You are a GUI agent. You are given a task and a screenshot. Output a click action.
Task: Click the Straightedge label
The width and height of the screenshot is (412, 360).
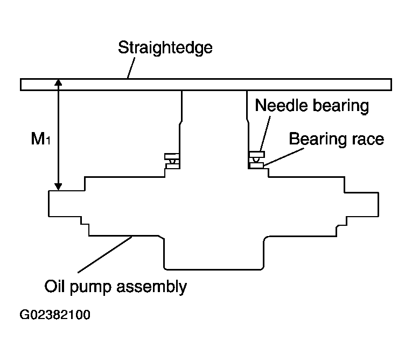[165, 48]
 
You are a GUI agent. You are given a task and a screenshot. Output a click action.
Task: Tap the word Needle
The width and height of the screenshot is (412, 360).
[282, 105]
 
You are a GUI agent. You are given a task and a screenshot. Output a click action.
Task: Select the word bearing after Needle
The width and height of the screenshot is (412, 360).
[341, 106]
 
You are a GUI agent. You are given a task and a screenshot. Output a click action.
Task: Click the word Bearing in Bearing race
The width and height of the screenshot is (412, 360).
[318, 140]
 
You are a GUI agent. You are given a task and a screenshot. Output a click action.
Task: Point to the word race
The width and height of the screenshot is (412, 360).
[368, 140]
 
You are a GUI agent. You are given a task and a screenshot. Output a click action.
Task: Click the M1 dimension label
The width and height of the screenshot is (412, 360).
[40, 139]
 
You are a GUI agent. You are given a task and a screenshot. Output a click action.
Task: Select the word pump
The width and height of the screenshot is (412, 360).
[90, 288]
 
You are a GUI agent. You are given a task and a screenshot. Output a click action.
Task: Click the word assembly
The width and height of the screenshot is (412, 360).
[152, 287]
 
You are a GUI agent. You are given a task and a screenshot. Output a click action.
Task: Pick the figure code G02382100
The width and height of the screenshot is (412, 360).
[55, 315]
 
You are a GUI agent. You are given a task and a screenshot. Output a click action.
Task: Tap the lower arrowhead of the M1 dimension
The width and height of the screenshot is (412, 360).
[58, 186]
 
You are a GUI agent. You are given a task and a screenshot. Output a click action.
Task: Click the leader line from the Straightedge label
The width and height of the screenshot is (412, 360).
[131, 68]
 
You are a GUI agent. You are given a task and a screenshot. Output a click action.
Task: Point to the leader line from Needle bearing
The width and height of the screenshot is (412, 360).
[265, 134]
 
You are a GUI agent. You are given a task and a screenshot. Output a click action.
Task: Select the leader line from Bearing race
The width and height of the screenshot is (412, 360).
[284, 157]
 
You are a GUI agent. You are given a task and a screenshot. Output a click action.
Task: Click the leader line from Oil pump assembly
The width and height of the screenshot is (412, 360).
[105, 254]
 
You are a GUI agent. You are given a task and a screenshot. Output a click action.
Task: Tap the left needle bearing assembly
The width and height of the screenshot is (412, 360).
[172, 161]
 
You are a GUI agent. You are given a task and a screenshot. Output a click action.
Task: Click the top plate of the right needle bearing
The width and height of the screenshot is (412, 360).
[257, 154]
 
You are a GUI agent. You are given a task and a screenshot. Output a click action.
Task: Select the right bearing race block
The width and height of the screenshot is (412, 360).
[256, 165]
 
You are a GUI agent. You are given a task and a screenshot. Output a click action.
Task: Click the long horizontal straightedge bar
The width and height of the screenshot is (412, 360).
[206, 85]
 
